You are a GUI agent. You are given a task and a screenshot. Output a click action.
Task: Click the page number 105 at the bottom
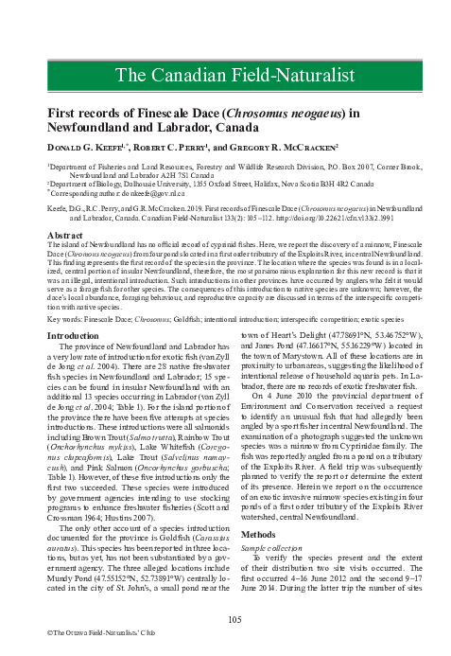click(225, 618)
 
